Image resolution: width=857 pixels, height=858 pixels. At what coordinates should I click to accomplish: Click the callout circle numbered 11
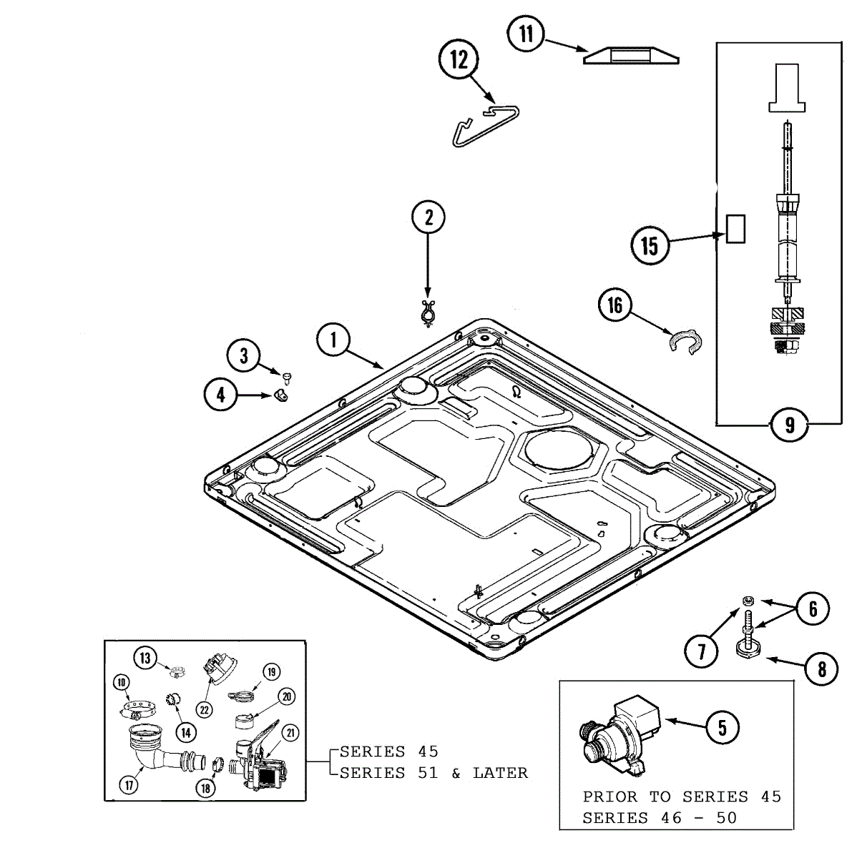click(526, 34)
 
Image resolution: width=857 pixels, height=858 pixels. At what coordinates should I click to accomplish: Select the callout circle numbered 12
click(459, 59)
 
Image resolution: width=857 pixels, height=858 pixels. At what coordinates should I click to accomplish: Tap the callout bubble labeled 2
click(428, 217)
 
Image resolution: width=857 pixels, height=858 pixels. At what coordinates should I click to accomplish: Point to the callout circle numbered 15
click(649, 246)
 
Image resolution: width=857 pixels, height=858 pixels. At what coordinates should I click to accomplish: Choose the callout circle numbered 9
click(789, 425)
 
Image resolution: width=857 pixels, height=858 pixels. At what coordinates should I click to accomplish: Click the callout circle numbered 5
click(723, 728)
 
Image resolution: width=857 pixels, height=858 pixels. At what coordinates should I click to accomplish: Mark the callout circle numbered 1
click(333, 340)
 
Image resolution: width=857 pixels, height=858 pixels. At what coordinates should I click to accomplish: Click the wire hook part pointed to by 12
click(486, 124)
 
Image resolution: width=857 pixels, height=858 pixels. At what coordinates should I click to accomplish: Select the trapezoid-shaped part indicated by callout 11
click(631, 55)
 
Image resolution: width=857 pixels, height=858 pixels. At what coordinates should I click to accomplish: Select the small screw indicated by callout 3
click(288, 375)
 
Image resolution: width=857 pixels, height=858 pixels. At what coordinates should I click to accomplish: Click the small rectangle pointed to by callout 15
click(735, 229)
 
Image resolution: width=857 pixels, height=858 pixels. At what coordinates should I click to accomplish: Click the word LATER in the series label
click(500, 774)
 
